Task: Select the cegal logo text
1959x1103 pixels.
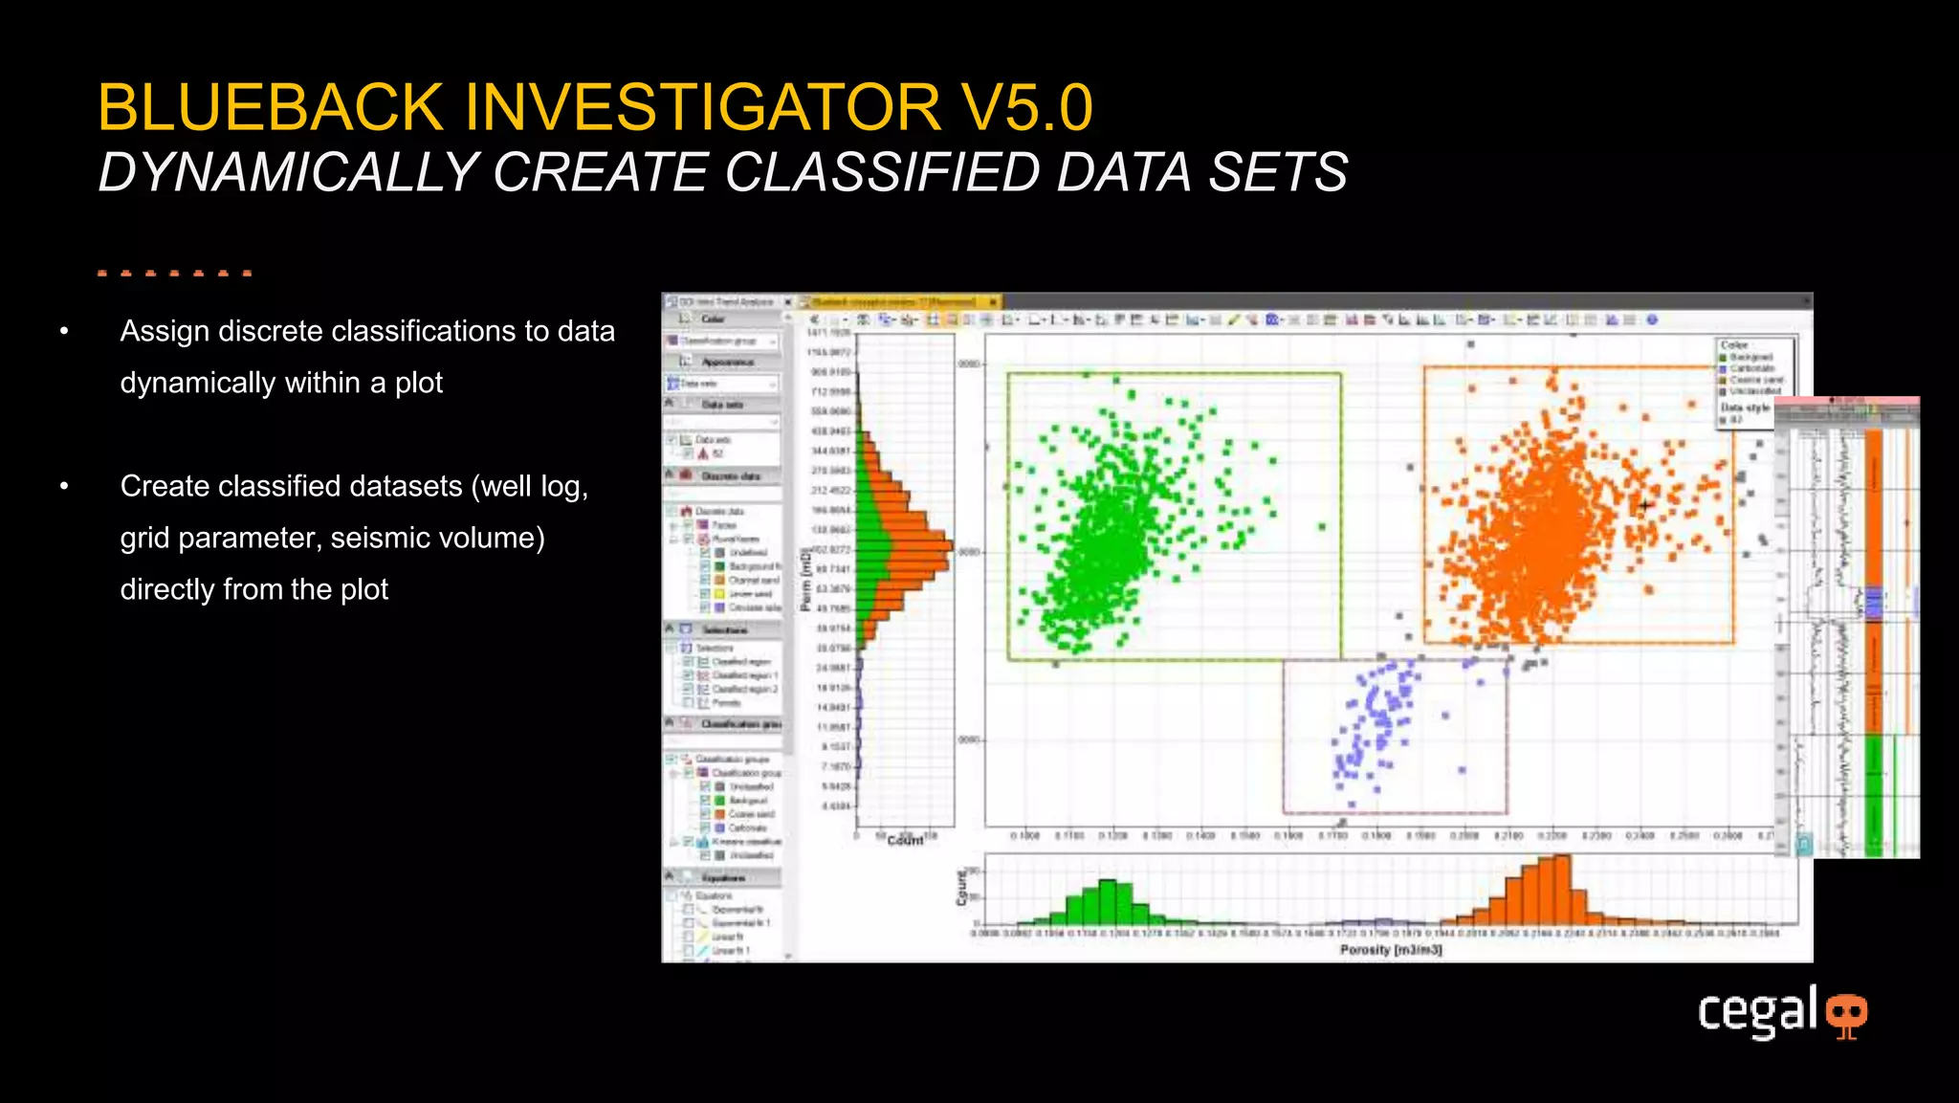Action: click(1756, 1011)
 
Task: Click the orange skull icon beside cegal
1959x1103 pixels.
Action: click(1846, 1014)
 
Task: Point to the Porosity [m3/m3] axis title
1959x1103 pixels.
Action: click(1390, 950)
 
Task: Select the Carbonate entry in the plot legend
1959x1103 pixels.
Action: click(1751, 368)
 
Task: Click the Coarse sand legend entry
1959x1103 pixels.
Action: click(1755, 380)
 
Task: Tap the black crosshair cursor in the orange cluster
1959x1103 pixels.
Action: click(1645, 504)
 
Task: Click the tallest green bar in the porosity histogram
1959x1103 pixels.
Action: click(1108, 901)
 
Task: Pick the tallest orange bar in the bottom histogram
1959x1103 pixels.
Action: click(1561, 890)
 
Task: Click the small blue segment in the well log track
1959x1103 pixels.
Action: click(1874, 603)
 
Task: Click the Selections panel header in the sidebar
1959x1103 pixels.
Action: click(724, 629)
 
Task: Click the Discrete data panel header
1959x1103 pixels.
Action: click(730, 475)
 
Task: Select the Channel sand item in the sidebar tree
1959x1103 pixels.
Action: click(753, 580)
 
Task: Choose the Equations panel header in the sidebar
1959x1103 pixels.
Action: click(723, 877)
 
